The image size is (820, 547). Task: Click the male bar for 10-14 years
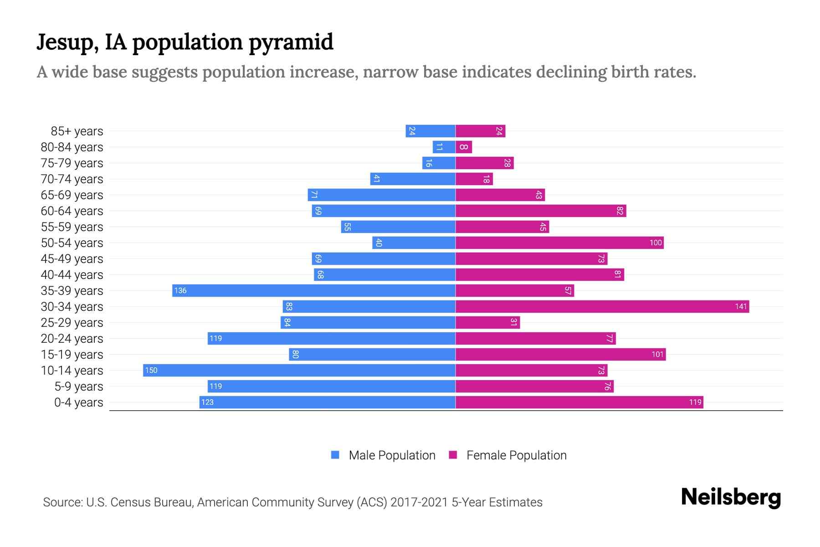pyautogui.click(x=299, y=370)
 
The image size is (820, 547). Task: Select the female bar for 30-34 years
pyautogui.click(x=602, y=306)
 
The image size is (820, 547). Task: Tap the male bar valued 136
pyautogui.click(x=313, y=290)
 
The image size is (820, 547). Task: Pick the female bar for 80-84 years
pyautogui.click(x=464, y=147)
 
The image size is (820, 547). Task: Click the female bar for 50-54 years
pyautogui.click(x=559, y=243)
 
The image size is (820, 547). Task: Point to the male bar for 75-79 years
pyautogui.click(x=439, y=163)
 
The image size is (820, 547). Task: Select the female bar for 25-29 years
pyautogui.click(x=487, y=322)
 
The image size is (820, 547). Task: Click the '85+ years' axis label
pyautogui.click(x=77, y=131)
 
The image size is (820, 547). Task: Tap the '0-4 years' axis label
pyautogui.click(x=78, y=403)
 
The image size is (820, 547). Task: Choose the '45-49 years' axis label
pyautogui.click(x=72, y=259)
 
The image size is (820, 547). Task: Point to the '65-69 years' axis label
pyautogui.click(x=72, y=195)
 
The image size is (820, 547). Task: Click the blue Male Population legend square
pyautogui.click(x=335, y=455)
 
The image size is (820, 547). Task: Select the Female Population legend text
pyautogui.click(x=516, y=455)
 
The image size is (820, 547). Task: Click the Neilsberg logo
pyautogui.click(x=731, y=497)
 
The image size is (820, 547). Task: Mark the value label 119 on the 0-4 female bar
pyautogui.click(x=695, y=402)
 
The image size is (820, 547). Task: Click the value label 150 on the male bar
pyautogui.click(x=151, y=370)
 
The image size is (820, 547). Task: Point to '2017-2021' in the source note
pyautogui.click(x=419, y=502)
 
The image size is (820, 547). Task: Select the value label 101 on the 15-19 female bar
pyautogui.click(x=657, y=354)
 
